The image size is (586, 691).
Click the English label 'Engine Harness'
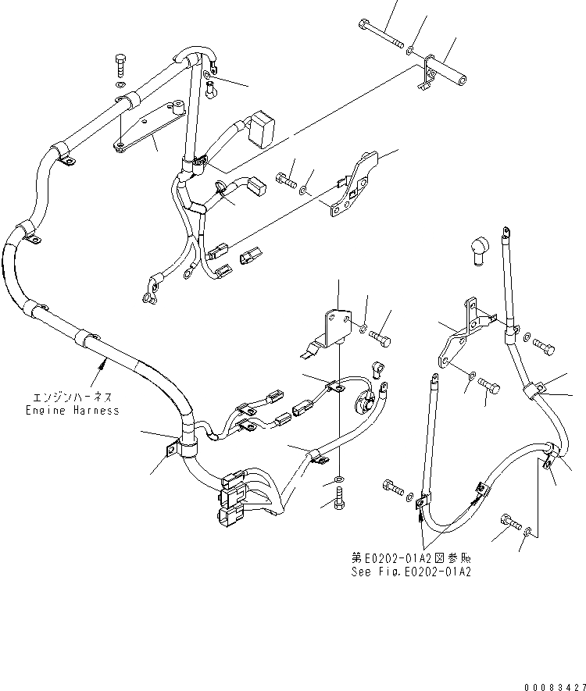[x=72, y=410]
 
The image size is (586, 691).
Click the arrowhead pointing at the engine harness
[x=102, y=361]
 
